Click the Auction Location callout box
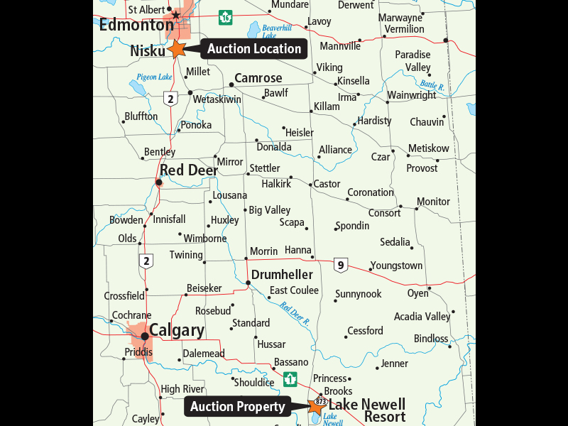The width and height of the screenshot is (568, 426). click(254, 49)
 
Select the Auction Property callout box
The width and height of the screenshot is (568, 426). click(237, 407)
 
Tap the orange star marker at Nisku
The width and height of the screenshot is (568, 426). click(177, 49)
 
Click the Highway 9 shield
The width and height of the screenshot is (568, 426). click(341, 266)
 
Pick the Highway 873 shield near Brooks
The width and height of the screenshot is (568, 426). click(321, 401)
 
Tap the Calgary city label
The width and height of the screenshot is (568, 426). click(177, 331)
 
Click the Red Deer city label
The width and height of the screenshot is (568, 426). click(188, 170)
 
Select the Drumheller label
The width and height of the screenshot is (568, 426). click(283, 274)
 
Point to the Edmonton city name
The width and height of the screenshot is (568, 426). click(136, 25)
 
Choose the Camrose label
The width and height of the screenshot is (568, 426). click(258, 78)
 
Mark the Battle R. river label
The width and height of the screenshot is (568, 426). click(432, 85)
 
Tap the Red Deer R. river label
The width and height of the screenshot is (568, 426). click(295, 313)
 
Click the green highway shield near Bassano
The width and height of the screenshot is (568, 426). click(290, 379)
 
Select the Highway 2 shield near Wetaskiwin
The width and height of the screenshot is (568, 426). click(170, 99)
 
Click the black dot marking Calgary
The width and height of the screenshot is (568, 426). click(145, 336)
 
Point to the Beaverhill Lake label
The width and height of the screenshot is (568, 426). click(277, 31)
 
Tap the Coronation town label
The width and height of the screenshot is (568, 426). click(370, 192)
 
